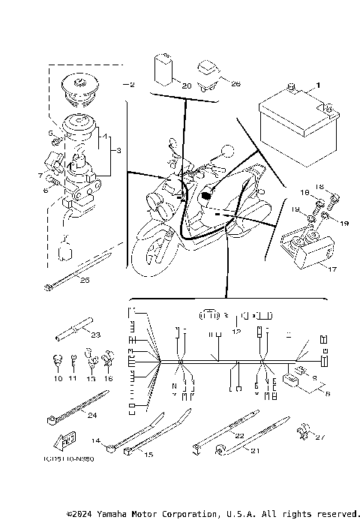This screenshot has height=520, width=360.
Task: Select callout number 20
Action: [x=186, y=86]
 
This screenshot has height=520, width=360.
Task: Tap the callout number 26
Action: [x=236, y=84]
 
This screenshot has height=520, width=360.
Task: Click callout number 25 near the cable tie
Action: [x=85, y=280]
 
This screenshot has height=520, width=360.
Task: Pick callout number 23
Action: [x=96, y=335]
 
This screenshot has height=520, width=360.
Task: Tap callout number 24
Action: [x=91, y=415]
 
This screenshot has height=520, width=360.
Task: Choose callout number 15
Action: [x=148, y=455]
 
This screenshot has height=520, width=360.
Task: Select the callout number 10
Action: [x=58, y=380]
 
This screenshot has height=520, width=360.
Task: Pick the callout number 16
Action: [x=109, y=380]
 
